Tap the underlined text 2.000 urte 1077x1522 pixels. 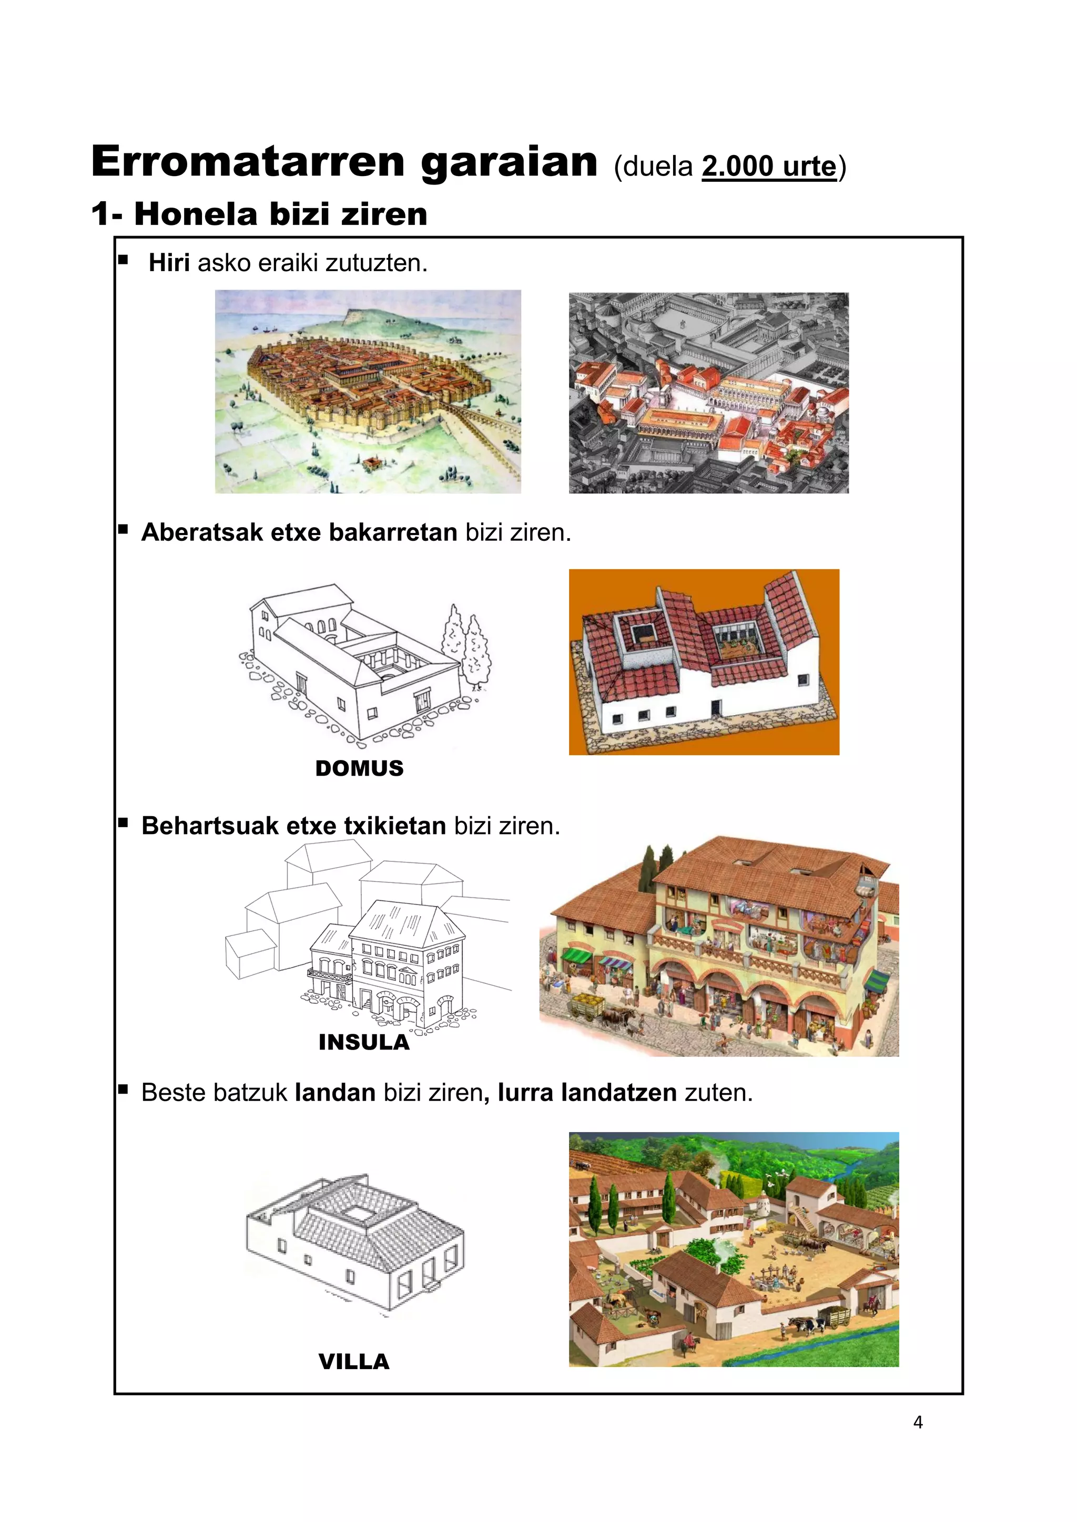tap(769, 167)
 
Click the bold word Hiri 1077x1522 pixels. tap(169, 263)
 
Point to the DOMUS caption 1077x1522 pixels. tap(360, 768)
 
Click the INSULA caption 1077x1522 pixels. tap(364, 1042)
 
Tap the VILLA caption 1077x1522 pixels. tap(353, 1362)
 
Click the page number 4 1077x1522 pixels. tap(918, 1423)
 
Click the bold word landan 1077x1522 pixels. tap(335, 1093)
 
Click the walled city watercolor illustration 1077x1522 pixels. tap(368, 391)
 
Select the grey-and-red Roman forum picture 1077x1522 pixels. tap(708, 393)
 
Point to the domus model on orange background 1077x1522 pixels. tap(704, 662)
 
